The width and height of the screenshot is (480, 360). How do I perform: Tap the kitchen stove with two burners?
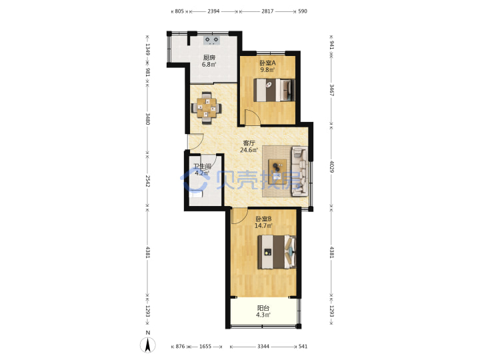pos(211,41)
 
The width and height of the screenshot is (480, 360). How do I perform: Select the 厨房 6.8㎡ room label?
pos(209,61)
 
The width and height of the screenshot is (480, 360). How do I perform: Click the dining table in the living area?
pos(206,108)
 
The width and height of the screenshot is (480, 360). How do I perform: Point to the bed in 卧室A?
pos(274,90)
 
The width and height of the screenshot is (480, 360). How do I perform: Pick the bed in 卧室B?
pos(277,252)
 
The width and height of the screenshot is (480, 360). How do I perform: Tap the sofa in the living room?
pos(300,171)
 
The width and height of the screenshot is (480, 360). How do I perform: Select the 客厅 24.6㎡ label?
pos(249,146)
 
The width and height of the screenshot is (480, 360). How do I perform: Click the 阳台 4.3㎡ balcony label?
pos(263,311)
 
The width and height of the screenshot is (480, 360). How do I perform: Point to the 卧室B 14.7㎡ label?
pos(263,223)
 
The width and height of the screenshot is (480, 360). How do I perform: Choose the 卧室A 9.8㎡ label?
pos(267,66)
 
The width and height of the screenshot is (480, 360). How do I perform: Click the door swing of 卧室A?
pos(253,117)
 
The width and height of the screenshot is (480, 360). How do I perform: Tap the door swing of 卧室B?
pos(239,216)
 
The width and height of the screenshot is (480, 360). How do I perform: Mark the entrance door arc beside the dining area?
pos(195,142)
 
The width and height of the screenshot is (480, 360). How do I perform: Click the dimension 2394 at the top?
pos(213,11)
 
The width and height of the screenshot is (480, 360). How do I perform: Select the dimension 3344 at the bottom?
pos(263,347)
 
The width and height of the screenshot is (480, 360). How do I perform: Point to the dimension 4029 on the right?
pos(332,166)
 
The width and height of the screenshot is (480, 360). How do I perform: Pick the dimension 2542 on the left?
pos(148,181)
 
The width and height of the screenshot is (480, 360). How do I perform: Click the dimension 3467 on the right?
pos(332,90)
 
